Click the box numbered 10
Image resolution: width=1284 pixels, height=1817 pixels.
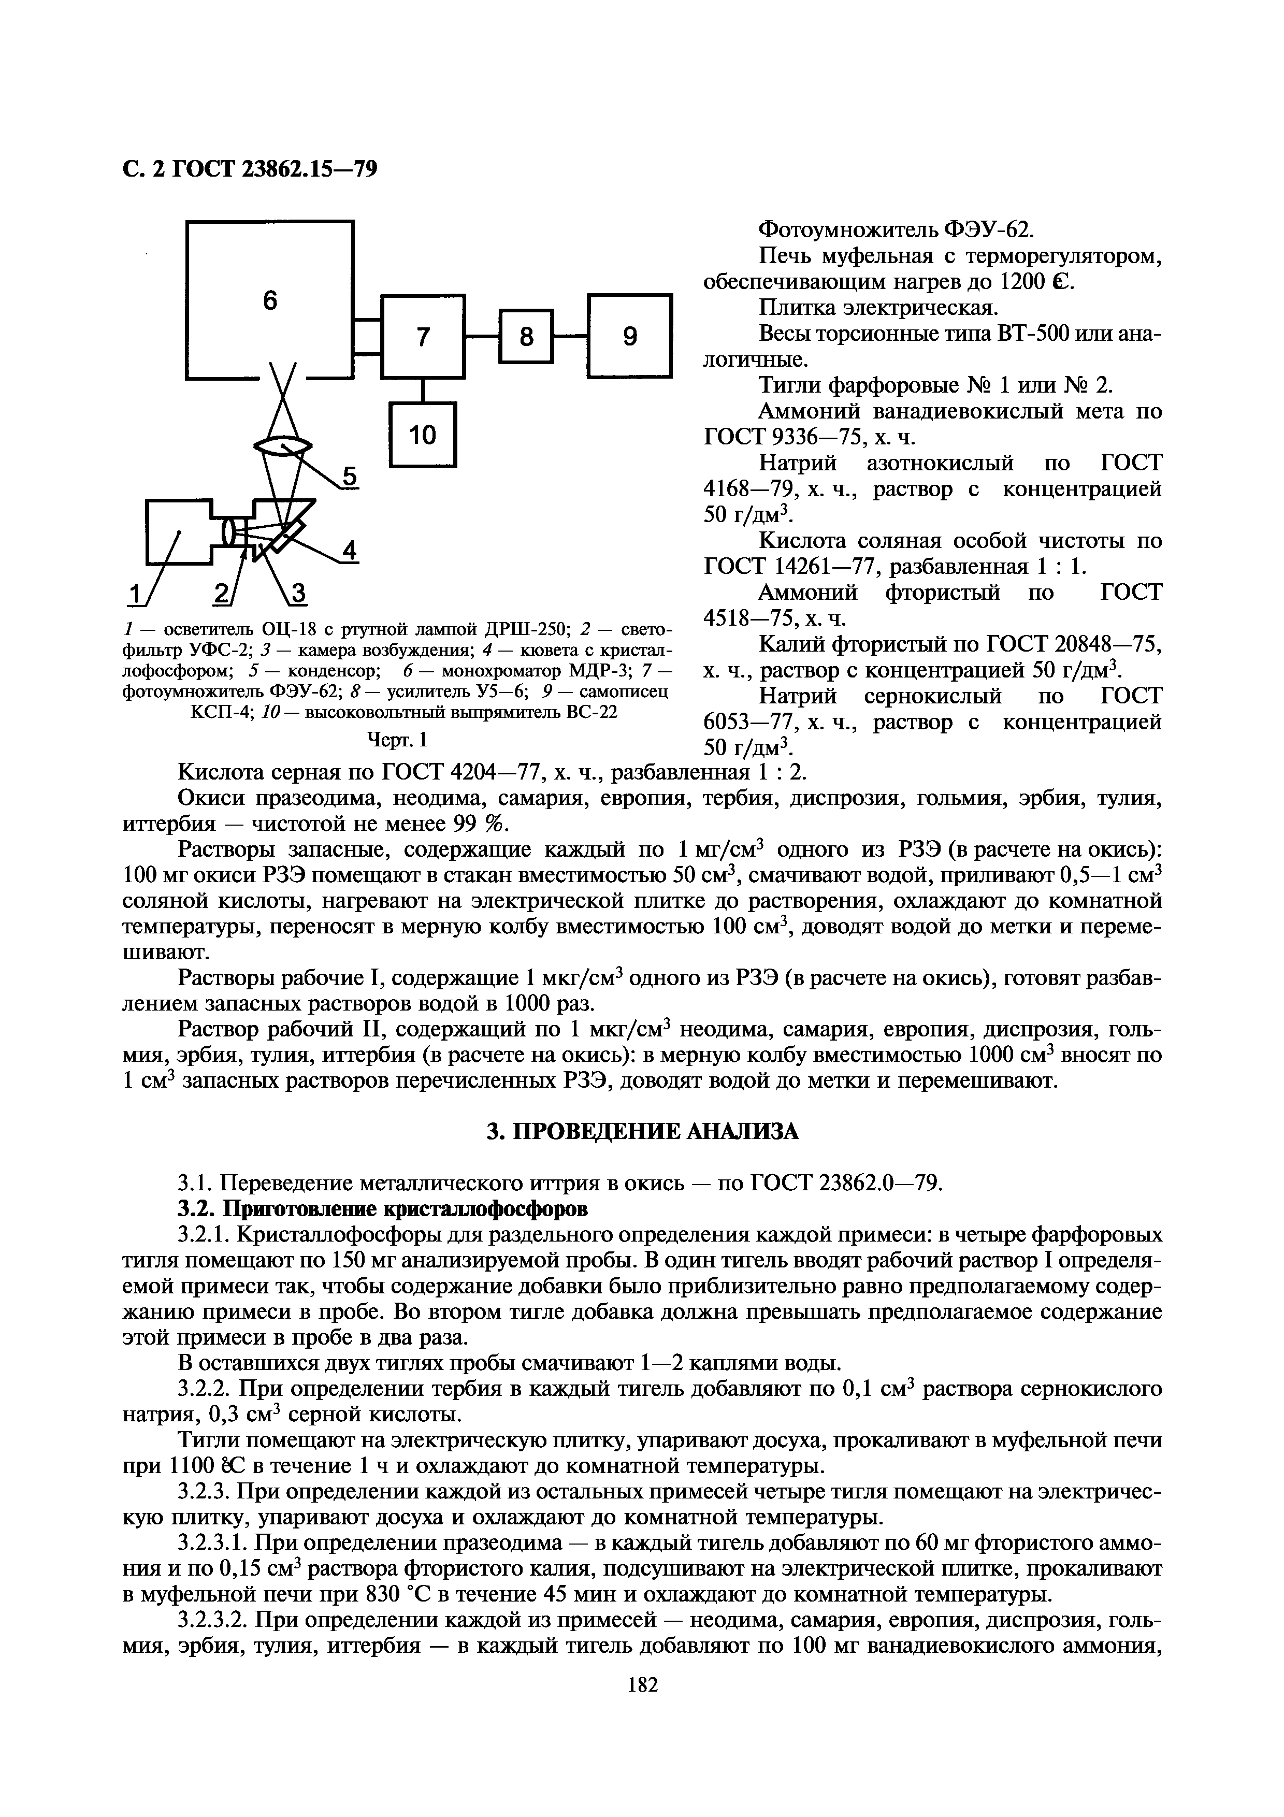(423, 434)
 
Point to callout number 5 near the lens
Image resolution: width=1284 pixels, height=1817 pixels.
(349, 477)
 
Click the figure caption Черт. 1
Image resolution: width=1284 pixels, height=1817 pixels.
(397, 740)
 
